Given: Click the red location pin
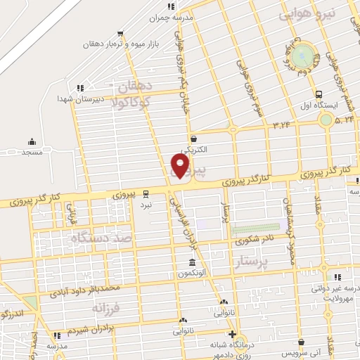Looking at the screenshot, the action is pyautogui.click(x=181, y=166).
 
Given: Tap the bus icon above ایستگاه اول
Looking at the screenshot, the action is pyautogui.click(x=319, y=94).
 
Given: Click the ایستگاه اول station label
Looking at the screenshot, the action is pyautogui.click(x=321, y=105).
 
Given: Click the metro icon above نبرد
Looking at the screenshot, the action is pyautogui.click(x=146, y=193).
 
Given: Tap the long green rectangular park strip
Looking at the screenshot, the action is pyautogui.click(x=256, y=229).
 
